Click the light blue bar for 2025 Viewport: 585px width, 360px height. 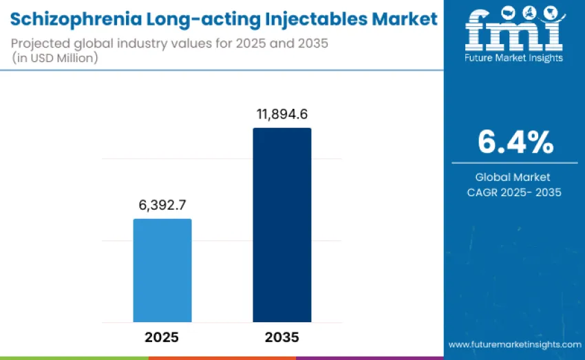[162, 270]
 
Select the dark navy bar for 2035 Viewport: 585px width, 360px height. [281, 224]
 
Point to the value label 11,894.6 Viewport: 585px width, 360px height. [281, 114]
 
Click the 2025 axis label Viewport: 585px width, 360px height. [162, 337]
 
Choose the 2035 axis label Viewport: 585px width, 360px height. [281, 337]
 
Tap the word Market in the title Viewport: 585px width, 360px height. [403, 19]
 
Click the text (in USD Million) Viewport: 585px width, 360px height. [54, 58]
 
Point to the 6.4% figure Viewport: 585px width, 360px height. [515, 142]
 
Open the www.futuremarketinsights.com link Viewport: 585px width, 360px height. [515, 344]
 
